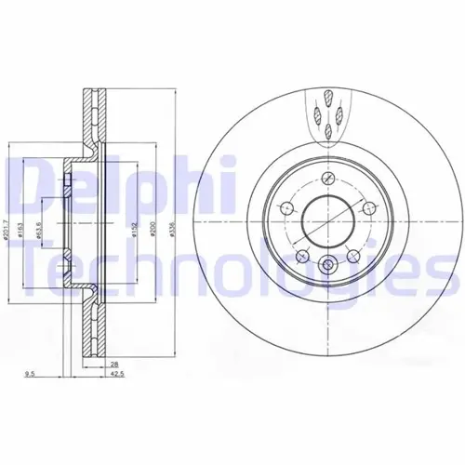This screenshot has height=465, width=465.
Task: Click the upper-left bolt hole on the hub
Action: click(x=288, y=206)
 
